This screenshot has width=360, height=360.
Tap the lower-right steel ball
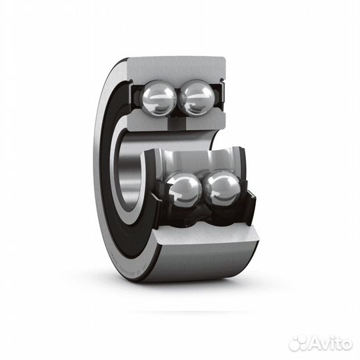point(222,187)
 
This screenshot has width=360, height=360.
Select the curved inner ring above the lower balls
point(200,160)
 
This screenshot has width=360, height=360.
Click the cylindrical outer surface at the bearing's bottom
point(200,263)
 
